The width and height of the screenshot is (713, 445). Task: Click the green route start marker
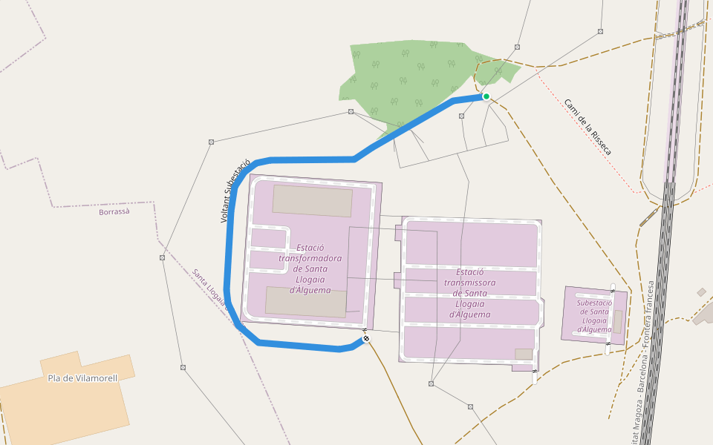(x=486, y=96)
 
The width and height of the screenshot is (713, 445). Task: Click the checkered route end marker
(x=365, y=339)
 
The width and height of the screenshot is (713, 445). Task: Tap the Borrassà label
(x=114, y=211)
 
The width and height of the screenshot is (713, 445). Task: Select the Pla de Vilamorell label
(x=82, y=378)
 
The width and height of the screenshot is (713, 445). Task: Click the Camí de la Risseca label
(x=587, y=127)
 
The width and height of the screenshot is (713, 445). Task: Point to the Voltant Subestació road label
(x=235, y=191)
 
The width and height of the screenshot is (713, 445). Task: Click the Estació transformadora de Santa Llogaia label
(x=310, y=268)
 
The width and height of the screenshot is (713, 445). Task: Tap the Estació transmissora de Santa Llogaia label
(x=470, y=293)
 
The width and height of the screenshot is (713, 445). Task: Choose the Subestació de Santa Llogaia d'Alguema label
(x=594, y=315)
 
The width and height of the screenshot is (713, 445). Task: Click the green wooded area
(x=416, y=78)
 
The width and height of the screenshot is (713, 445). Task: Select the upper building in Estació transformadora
(x=312, y=201)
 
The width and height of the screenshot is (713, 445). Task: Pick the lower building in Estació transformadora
(x=306, y=302)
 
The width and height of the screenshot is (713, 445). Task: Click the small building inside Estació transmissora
(x=524, y=354)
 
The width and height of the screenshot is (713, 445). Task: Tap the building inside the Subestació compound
(x=617, y=321)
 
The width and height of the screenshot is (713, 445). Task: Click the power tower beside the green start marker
(x=462, y=116)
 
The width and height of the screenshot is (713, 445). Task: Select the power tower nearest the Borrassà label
(x=162, y=257)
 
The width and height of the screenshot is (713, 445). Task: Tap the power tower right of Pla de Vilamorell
(x=183, y=366)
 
